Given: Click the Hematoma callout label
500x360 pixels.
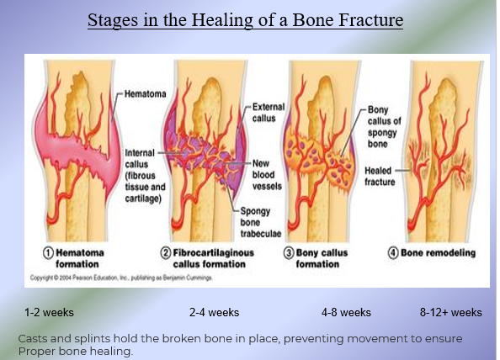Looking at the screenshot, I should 144,93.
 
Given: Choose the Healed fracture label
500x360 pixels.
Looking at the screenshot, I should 379,175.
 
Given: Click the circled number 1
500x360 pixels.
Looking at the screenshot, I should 50,252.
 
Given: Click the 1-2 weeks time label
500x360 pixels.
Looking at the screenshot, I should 49,313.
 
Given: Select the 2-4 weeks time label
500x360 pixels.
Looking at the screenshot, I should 214,313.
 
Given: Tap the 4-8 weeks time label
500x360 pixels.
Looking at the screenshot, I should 346,313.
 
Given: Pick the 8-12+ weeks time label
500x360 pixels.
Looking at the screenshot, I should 450,313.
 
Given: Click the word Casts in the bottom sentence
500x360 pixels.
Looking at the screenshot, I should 34,338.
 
